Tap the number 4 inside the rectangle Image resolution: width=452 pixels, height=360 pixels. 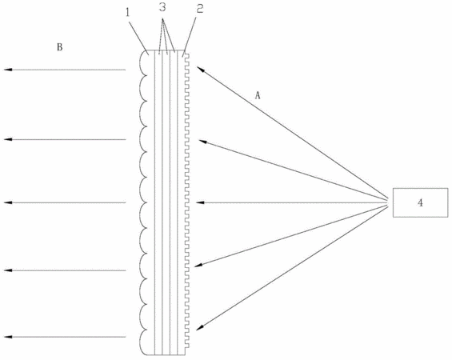pyautogui.click(x=420, y=203)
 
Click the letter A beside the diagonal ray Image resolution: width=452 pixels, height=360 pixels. pyautogui.click(x=258, y=95)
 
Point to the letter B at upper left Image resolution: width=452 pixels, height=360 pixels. pyautogui.click(x=60, y=47)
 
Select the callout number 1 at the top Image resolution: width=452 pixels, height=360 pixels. pyautogui.click(x=128, y=12)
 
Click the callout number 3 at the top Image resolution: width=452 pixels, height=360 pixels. pyautogui.click(x=162, y=7)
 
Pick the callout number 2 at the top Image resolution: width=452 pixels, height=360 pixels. pyautogui.click(x=200, y=9)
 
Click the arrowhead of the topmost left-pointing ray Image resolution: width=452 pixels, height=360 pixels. pyautogui.click(x=8, y=70)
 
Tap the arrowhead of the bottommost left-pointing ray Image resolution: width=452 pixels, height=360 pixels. pyautogui.click(x=8, y=337)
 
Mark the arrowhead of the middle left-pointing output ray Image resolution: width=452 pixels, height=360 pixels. pyautogui.click(x=8, y=202)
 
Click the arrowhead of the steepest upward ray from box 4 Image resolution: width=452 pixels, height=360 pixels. pyautogui.click(x=200, y=69)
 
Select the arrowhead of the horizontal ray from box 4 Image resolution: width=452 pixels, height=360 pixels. pyautogui.click(x=200, y=202)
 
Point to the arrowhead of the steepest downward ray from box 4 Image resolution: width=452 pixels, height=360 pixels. pyautogui.click(x=200, y=327)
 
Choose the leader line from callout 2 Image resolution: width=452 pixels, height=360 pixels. pyautogui.click(x=189, y=37)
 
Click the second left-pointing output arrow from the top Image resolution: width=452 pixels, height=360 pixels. pyautogui.click(x=65, y=139)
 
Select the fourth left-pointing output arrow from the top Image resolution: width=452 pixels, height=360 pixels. pyautogui.click(x=65, y=270)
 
